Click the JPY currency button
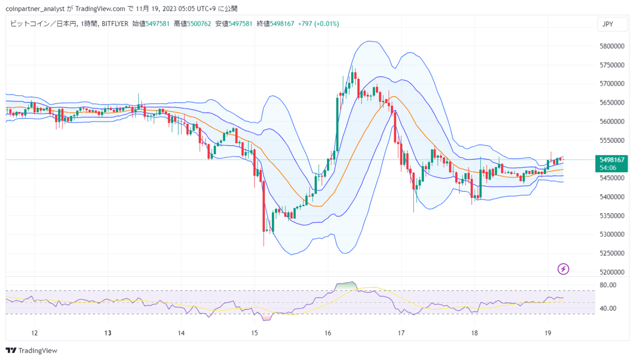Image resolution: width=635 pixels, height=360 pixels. (612, 24)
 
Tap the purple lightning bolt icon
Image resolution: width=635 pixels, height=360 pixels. (563, 269)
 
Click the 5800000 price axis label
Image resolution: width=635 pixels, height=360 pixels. (612, 46)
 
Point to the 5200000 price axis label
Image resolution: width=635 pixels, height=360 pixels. (612, 272)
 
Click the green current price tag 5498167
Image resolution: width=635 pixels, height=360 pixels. (612, 160)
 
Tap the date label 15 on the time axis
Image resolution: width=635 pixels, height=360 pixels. (254, 333)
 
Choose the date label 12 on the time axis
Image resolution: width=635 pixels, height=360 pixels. (34, 333)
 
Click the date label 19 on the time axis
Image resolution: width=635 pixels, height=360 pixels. (548, 333)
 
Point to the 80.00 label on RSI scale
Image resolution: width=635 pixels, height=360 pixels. (608, 285)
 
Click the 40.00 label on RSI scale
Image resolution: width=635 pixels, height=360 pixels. (608, 308)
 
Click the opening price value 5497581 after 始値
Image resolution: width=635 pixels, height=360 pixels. (157, 24)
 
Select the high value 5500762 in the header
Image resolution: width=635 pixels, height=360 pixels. (199, 24)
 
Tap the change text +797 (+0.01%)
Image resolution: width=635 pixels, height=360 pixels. (318, 24)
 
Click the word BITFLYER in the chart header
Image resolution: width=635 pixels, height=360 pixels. (115, 24)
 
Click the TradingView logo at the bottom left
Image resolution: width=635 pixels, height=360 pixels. (31, 351)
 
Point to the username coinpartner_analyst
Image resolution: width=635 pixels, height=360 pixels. (35, 9)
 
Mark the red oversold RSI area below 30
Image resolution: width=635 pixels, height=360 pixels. (267, 317)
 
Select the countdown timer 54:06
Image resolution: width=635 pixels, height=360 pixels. (608, 168)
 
